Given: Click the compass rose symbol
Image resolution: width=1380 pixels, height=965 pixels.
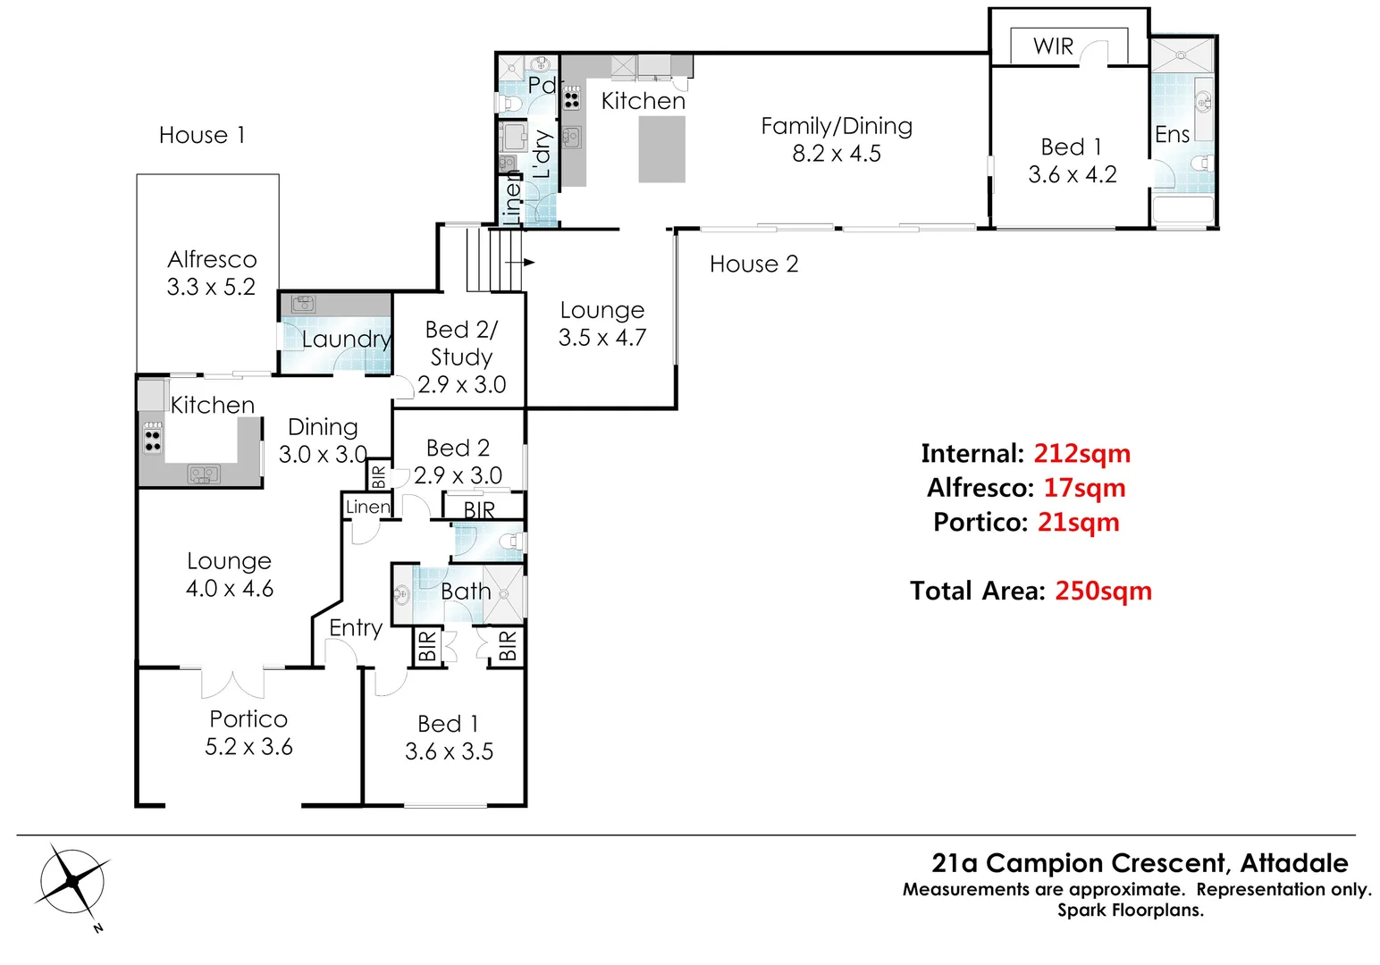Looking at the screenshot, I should [x=72, y=883].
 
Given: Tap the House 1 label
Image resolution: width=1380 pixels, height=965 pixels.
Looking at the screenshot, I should [x=201, y=135].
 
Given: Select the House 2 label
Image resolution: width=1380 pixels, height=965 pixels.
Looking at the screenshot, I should [x=753, y=264].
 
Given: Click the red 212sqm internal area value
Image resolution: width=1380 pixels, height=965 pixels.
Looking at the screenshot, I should [x=1081, y=454].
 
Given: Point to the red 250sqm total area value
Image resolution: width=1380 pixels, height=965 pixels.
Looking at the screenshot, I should [x=1103, y=592].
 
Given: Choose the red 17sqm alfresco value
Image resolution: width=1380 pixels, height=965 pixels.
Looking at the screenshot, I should [x=1084, y=488].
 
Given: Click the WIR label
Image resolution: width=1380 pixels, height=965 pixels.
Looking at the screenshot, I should [x=1053, y=46].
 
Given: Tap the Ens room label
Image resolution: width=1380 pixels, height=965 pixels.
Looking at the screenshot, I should [x=1172, y=135].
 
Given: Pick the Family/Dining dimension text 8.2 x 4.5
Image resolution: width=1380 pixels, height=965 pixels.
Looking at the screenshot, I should [x=837, y=154].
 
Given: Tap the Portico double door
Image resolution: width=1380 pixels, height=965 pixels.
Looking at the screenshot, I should [x=233, y=681].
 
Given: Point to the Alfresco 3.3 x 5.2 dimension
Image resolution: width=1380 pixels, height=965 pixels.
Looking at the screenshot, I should [x=211, y=287].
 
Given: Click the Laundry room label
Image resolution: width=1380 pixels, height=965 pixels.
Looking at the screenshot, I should [x=346, y=340].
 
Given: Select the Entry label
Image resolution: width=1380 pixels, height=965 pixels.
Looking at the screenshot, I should [x=355, y=628].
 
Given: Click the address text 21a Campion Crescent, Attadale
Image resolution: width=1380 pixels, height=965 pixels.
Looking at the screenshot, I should [x=1140, y=863].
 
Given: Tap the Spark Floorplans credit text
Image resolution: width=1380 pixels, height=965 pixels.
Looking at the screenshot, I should [x=1131, y=910].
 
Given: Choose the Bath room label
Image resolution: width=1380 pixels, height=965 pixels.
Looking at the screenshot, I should [x=466, y=592].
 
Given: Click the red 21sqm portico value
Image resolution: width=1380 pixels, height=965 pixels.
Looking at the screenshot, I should [x=1078, y=523].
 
